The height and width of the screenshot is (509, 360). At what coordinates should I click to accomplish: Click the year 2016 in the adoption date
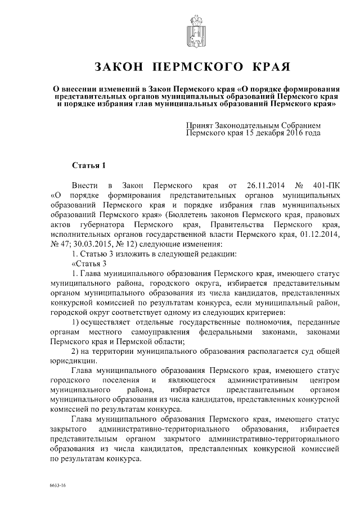coord(294,134)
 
